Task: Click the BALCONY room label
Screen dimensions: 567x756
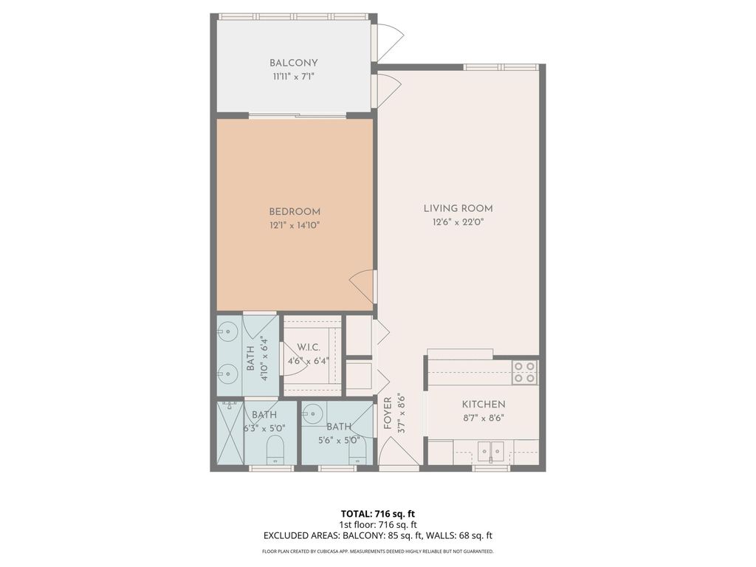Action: pyautogui.click(x=294, y=63)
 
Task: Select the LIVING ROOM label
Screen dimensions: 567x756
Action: pyautogui.click(x=458, y=208)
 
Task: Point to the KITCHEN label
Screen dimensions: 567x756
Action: pyautogui.click(x=484, y=404)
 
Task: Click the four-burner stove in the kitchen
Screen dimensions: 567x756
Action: pyautogui.click(x=525, y=371)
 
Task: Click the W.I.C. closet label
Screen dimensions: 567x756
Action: pyautogui.click(x=308, y=347)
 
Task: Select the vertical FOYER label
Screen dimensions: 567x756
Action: pyautogui.click(x=388, y=414)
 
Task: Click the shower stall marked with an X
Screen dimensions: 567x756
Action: pyautogui.click(x=230, y=433)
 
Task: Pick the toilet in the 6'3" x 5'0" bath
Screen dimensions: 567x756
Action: pyautogui.click(x=275, y=449)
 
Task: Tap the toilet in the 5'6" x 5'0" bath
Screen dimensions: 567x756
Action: pyautogui.click(x=357, y=452)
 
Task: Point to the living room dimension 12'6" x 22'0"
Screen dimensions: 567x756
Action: pyautogui.click(x=458, y=222)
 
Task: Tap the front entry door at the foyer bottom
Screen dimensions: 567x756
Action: pyautogui.click(x=399, y=452)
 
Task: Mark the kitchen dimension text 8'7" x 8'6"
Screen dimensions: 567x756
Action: pyautogui.click(x=484, y=417)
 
